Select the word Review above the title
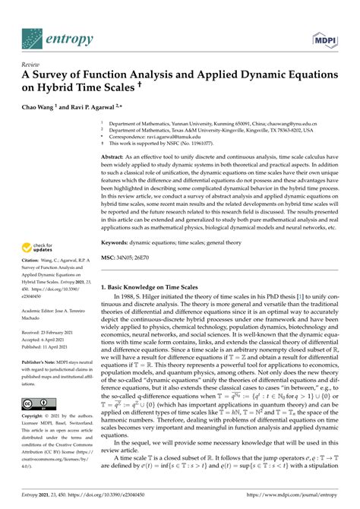point(31,65)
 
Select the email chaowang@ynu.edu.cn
point(293,122)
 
